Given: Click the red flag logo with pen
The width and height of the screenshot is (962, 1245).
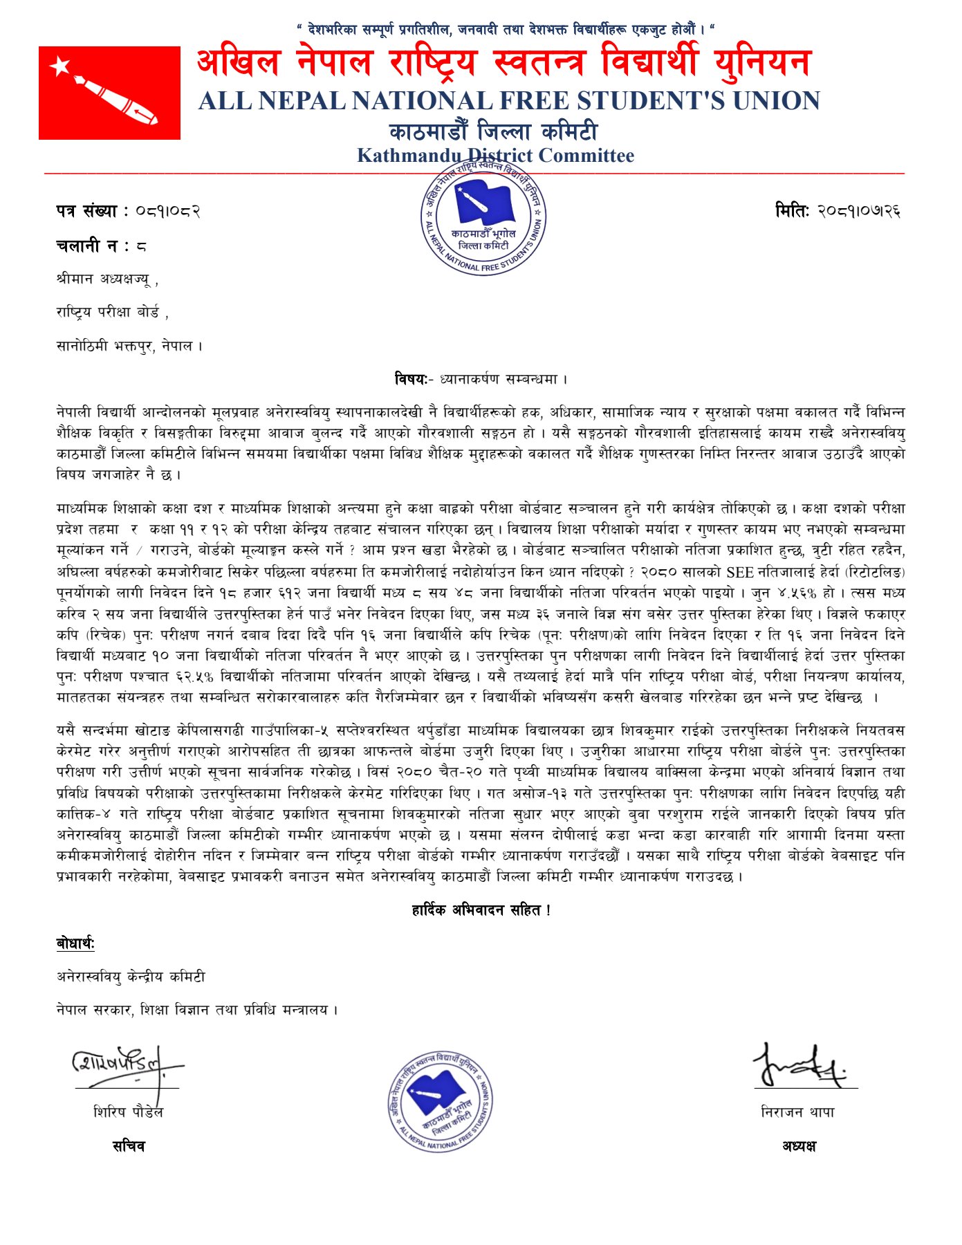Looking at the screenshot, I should pos(109,93).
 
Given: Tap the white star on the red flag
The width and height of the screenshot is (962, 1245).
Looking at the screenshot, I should pos(61,66).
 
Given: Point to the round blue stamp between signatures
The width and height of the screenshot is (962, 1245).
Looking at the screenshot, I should pos(440,1102).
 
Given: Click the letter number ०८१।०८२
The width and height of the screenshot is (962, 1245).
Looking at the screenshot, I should pos(167,211).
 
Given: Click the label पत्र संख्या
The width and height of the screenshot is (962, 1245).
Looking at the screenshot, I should pos(87,211).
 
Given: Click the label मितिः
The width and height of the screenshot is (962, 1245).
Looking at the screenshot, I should pos(791,210).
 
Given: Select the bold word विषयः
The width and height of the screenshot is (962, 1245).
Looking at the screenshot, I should pos(411,379).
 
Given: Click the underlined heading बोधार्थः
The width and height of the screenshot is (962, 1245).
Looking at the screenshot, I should pos(75,943).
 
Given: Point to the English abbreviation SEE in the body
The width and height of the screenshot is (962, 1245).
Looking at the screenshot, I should pos(740,572).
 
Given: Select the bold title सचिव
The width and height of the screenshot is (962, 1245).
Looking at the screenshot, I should pos(129,1146).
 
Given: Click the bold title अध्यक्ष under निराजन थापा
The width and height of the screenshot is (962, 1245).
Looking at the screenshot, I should pos(799,1146).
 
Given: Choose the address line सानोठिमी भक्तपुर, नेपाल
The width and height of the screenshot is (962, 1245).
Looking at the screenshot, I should pos(129,346).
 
